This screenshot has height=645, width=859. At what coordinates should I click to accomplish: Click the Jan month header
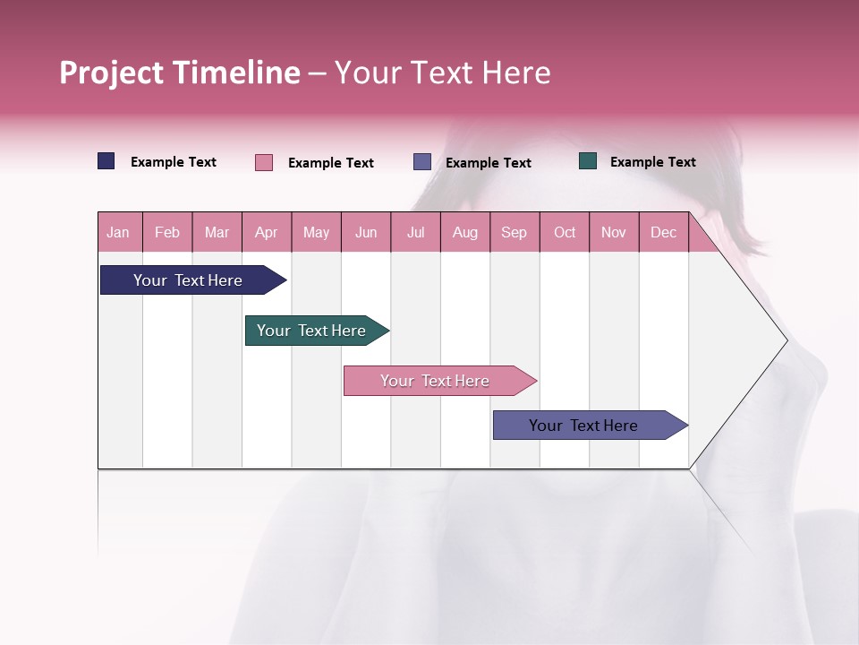(119, 232)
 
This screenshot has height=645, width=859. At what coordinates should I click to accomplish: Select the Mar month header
(217, 232)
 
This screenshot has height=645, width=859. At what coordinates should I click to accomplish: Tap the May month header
(316, 232)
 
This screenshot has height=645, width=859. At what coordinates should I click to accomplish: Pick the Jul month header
(415, 232)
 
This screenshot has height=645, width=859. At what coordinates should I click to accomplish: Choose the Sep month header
(514, 232)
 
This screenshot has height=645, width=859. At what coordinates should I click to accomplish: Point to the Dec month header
(663, 232)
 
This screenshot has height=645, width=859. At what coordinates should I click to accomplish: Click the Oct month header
(565, 232)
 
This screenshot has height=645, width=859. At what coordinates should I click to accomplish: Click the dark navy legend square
(106, 161)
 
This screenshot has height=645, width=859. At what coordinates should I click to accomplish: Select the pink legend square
(264, 162)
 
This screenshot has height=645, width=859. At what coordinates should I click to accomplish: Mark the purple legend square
(422, 162)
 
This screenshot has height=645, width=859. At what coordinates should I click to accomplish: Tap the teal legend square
(588, 161)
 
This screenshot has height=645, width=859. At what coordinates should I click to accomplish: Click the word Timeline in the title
(236, 73)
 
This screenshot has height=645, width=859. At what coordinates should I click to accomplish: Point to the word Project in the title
(112, 73)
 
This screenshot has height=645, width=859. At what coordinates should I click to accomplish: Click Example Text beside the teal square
(652, 162)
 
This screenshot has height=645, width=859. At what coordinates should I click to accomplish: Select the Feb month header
(167, 232)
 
